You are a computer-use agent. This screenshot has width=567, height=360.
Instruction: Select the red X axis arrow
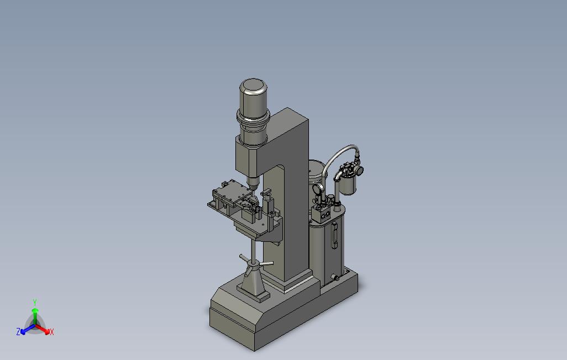pyautogui.click(x=43, y=329)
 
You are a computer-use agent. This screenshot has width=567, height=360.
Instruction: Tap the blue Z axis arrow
pyautogui.click(x=28, y=329)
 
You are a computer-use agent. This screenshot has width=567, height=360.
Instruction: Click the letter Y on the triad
pyautogui.click(x=35, y=302)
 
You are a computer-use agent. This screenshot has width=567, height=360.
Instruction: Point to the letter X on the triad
pyautogui.click(x=52, y=332)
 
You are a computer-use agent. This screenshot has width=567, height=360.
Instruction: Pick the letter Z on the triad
pyautogui.click(x=18, y=331)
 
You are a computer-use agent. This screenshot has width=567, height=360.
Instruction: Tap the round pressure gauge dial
pyautogui.click(x=318, y=189)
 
